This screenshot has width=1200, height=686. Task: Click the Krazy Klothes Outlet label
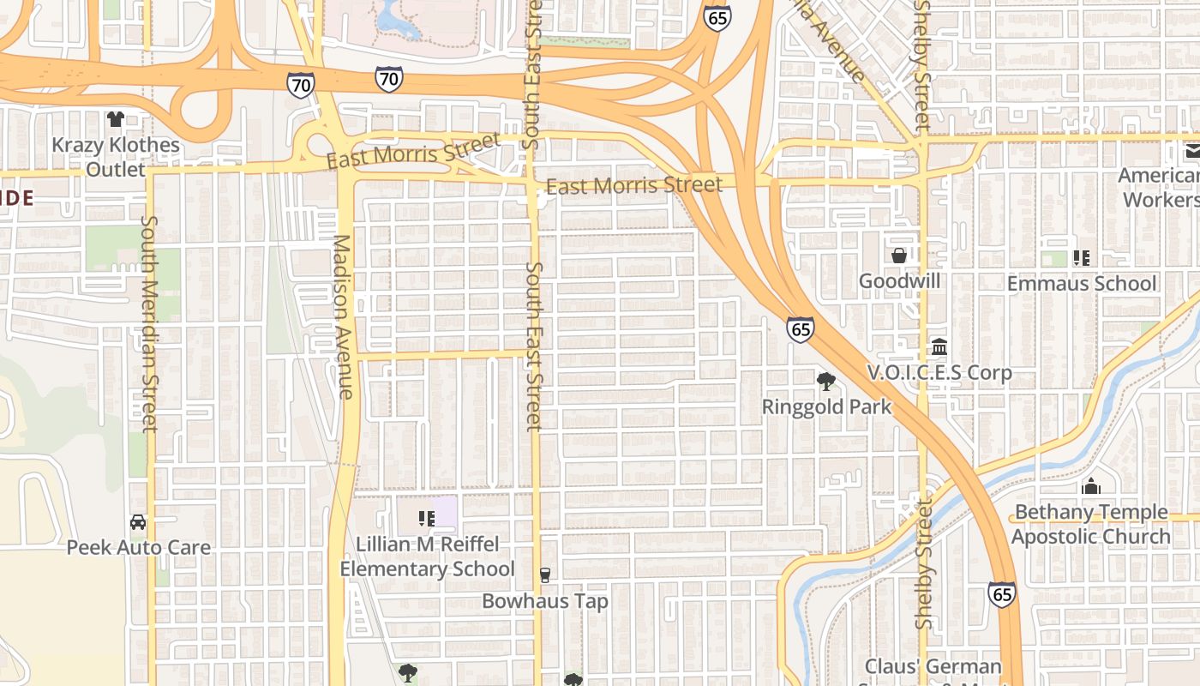[116, 157]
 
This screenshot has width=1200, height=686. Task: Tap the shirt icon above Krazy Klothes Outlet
[116, 118]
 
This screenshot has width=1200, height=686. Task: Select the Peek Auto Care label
[139, 547]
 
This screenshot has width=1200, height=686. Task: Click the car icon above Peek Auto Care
[138, 521]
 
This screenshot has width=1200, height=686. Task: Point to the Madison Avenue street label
[344, 317]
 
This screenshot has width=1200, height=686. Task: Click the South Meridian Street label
[149, 323]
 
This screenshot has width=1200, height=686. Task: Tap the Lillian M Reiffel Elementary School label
[427, 557]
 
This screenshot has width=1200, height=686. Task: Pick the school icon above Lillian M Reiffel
[426, 518]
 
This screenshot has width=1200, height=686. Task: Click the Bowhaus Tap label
[545, 601]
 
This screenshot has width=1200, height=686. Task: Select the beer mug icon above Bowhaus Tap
[544, 575]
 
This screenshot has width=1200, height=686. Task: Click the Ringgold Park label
[826, 406]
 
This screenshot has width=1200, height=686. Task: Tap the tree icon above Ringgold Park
[825, 381]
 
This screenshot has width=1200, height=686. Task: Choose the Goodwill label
[899, 281]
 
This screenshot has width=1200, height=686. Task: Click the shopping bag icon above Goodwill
[899, 256]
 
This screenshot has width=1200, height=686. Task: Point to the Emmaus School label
[1082, 283]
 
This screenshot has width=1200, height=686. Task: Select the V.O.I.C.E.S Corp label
[939, 373]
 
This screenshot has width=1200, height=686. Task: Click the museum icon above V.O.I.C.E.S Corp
[939, 347]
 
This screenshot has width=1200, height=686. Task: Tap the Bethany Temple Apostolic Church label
[1090, 524]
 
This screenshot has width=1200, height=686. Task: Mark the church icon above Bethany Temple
[1091, 486]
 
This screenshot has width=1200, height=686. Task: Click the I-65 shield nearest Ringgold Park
[800, 328]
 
